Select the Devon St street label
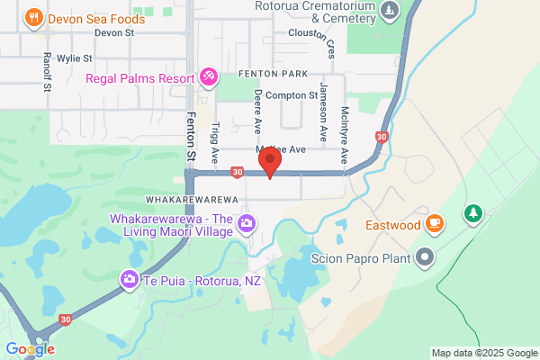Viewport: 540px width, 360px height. [114, 32]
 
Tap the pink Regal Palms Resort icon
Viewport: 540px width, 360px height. [208, 76]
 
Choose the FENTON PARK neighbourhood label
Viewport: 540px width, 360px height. [274, 74]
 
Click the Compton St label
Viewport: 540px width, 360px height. [292, 94]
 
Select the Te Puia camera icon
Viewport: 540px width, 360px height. [130, 280]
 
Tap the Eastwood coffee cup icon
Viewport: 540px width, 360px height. [434, 222]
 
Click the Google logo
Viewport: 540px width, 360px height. [30, 349]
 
